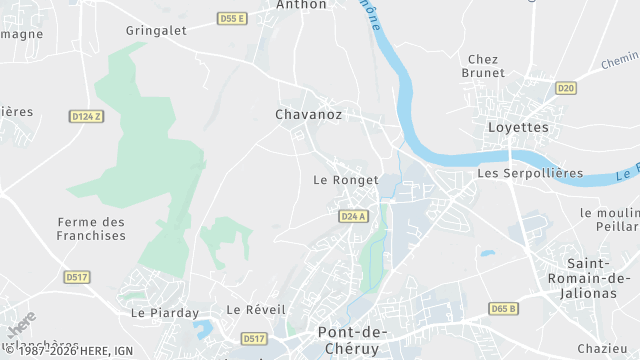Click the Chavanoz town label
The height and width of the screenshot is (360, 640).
pyautogui.click(x=308, y=115)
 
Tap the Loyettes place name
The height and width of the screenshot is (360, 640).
pyautogui.click(x=518, y=127)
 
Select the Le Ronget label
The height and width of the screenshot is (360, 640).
pyautogui.click(x=345, y=180)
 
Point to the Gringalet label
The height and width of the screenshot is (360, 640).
pyautogui.click(x=156, y=31)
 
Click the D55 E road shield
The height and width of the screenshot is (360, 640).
pyautogui.click(x=232, y=19)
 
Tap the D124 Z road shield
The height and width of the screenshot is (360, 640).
pyautogui.click(x=87, y=117)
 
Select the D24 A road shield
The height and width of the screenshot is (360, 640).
pyautogui.click(x=353, y=216)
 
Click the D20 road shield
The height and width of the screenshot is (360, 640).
pyautogui.click(x=566, y=88)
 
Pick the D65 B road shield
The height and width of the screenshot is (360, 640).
pyautogui.click(x=503, y=308)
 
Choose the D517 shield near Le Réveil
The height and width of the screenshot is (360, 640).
pyautogui.click(x=254, y=339)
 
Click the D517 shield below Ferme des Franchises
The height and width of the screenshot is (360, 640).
pyautogui.click(x=76, y=276)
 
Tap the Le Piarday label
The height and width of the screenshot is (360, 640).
pyautogui.click(x=164, y=312)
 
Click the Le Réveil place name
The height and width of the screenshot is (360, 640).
pyautogui.click(x=250, y=310)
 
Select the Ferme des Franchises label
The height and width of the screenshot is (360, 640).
pyautogui.click(x=92, y=229)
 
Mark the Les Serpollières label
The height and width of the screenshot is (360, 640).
pyautogui.click(x=530, y=173)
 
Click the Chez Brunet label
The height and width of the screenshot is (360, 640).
pyautogui.click(x=482, y=66)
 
